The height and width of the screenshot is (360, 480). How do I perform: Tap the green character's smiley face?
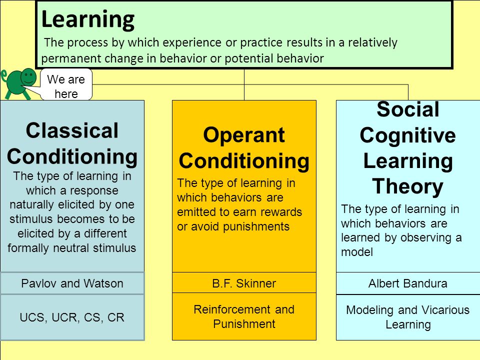28,76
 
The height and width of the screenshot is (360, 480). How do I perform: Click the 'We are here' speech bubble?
66,84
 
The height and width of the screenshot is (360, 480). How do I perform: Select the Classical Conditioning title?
72,143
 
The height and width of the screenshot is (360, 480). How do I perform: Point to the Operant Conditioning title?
244,148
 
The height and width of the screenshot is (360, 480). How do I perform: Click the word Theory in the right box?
408,186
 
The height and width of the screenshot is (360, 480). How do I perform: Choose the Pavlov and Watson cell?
72,283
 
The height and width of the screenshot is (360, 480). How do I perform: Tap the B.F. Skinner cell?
244,283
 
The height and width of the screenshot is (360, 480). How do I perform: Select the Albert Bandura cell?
408,283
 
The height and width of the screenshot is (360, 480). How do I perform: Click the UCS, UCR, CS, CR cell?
72,317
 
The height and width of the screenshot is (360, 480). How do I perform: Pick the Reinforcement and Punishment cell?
244,316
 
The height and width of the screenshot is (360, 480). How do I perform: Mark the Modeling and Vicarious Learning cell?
408,317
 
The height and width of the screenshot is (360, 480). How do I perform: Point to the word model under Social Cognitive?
357,252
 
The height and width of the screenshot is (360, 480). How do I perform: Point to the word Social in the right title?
408,109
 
